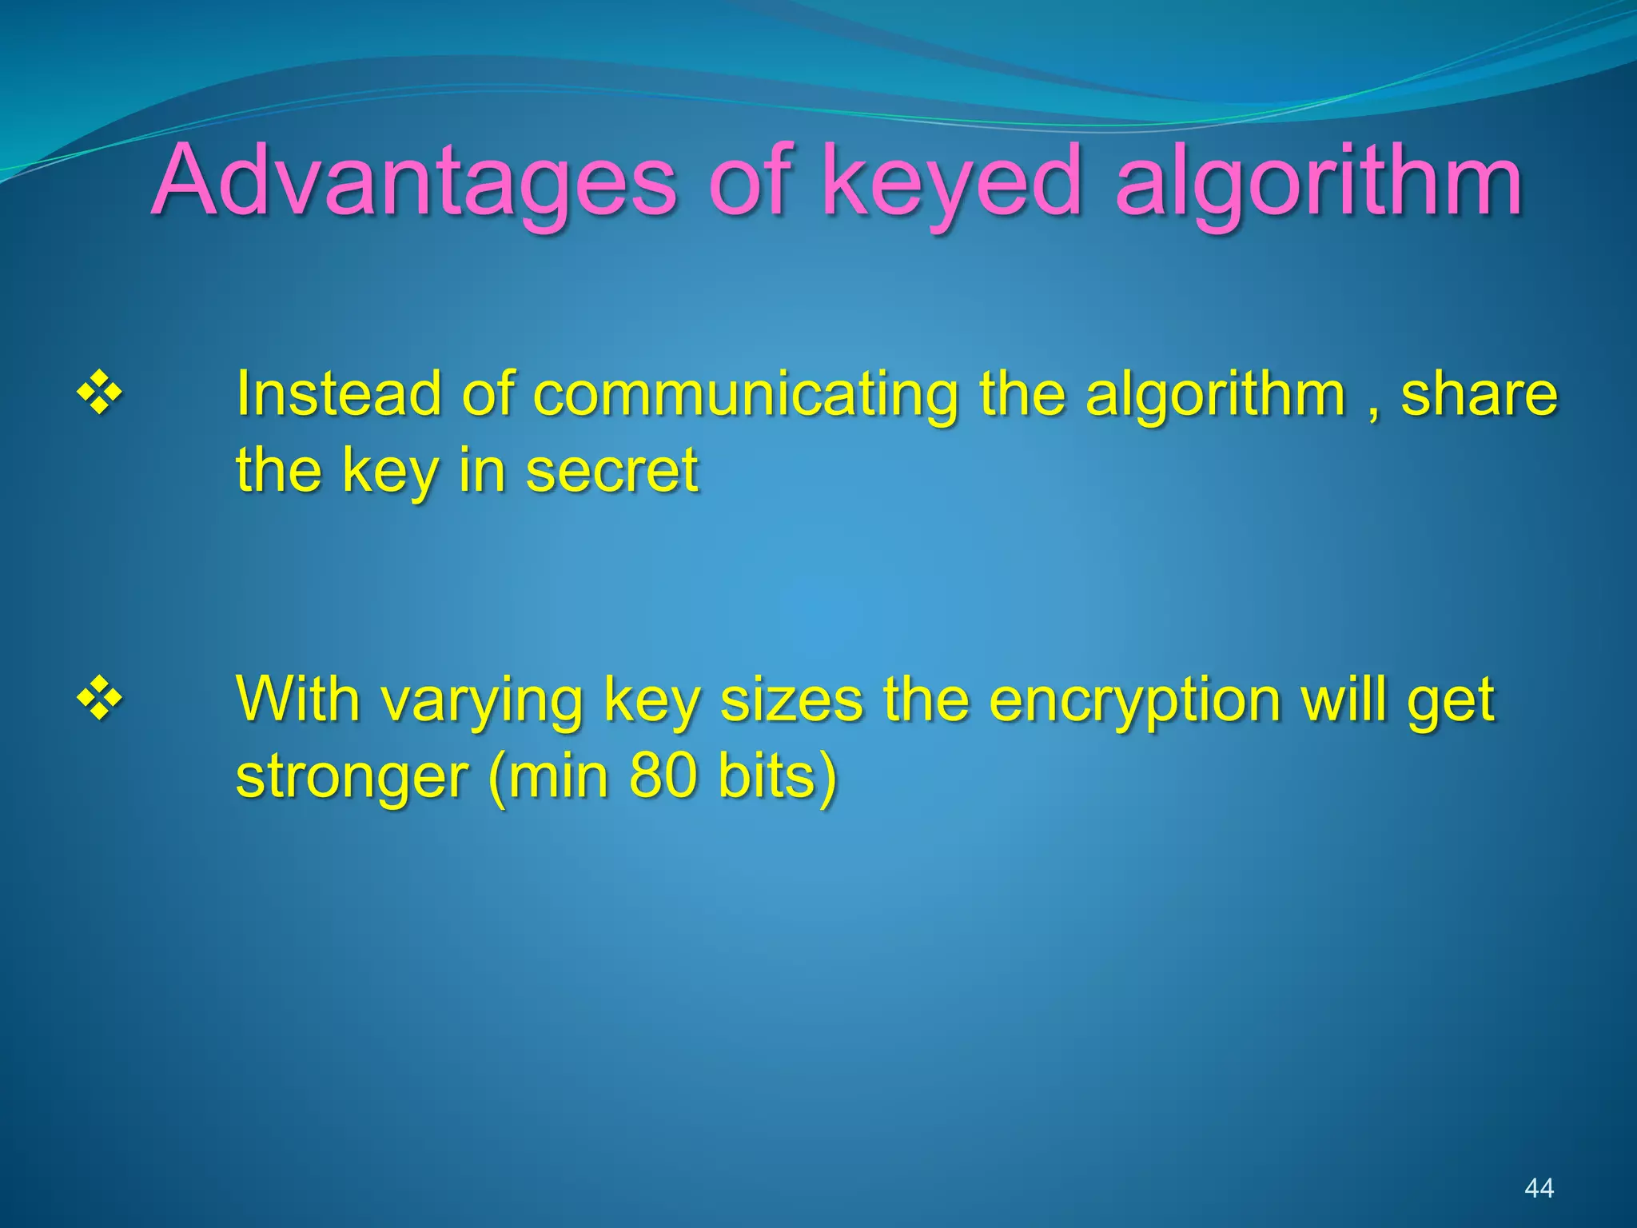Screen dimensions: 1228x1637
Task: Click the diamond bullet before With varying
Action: pos(99,699)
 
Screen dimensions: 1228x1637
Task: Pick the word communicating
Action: pos(745,395)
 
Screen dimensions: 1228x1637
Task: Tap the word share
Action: pos(1479,393)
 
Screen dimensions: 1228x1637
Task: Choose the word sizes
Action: pos(791,699)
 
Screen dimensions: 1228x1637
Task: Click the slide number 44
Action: pos(1539,1188)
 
